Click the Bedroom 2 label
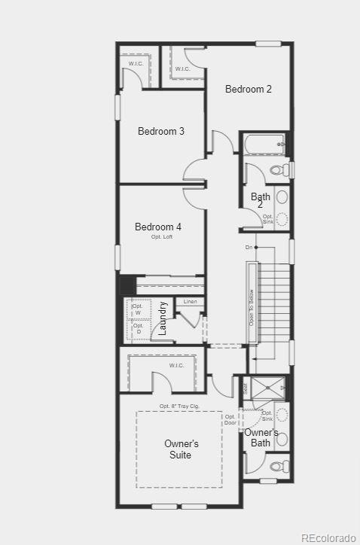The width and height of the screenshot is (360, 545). coord(249,89)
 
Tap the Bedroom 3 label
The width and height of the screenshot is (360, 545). coord(161,131)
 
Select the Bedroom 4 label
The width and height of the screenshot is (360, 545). coord(158,227)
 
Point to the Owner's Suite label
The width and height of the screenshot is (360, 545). coord(182,449)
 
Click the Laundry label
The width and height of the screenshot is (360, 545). coord(163,318)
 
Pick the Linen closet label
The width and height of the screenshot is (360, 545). coord(191,302)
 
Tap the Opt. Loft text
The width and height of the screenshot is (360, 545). coord(162,237)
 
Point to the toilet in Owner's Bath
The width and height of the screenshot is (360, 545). coord(276,466)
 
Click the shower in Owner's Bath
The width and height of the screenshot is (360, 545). coord(267,388)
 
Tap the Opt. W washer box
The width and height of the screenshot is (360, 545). coord(138,309)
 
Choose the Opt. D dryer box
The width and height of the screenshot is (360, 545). coord(138,328)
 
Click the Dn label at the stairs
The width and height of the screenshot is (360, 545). coord(249,247)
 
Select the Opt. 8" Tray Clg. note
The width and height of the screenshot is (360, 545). coord(179,406)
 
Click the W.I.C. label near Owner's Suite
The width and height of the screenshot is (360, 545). coord(176,366)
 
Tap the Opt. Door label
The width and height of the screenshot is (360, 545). coord(230,419)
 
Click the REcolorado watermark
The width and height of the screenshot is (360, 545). coord(328,537)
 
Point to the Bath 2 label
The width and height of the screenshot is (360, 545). coord(260,201)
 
